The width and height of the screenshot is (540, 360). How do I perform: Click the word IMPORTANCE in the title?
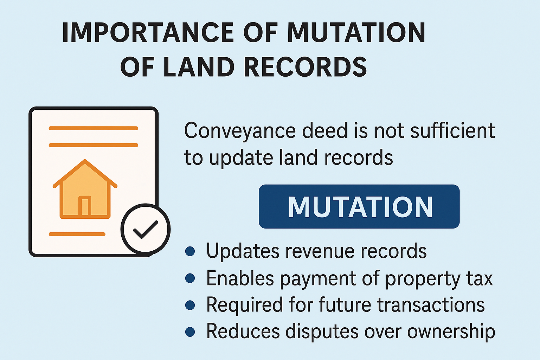148,33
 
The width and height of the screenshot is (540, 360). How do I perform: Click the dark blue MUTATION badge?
359,206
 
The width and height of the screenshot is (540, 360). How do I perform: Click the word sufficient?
452,130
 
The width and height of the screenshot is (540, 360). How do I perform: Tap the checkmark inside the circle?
146,229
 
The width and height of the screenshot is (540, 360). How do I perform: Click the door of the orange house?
85,206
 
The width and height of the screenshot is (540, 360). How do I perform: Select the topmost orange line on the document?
93,128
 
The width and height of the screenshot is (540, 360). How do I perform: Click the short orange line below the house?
77,234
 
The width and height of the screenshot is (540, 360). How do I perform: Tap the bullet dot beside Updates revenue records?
190,251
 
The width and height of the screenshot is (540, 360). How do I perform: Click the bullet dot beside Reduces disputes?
190,332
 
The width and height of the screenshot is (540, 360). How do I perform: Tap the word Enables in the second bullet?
240,278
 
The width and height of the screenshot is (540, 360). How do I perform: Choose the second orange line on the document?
93,145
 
